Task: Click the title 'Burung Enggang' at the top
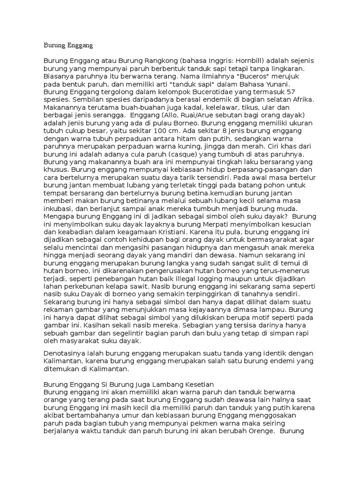click(68, 46)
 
